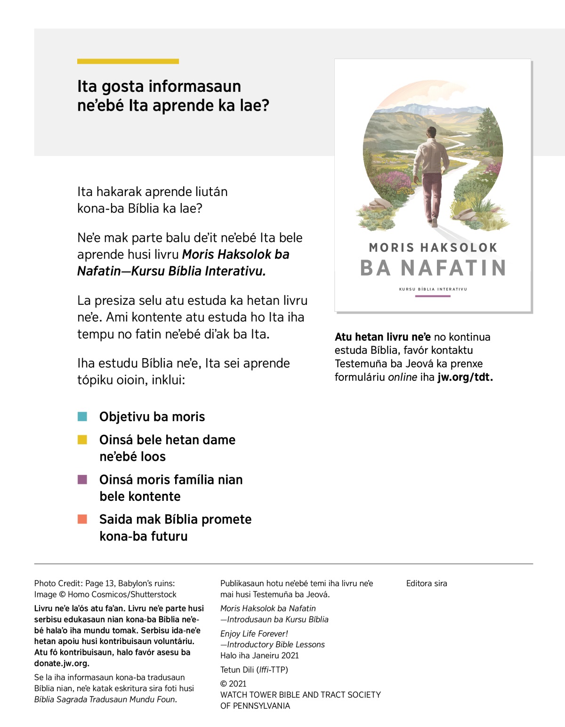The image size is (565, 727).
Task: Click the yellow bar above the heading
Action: (x=128, y=61)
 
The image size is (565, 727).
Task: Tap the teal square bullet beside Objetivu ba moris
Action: (x=82, y=417)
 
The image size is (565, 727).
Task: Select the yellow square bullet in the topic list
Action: (x=82, y=440)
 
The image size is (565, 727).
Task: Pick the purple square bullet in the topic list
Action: (x=82, y=480)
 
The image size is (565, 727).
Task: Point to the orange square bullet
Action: (x=82, y=519)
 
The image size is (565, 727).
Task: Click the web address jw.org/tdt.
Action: (x=465, y=377)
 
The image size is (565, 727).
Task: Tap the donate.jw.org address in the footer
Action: (x=61, y=663)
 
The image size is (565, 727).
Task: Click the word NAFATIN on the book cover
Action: (x=453, y=268)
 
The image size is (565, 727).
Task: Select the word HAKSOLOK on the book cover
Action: (x=459, y=247)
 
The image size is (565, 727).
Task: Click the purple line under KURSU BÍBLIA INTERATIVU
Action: (x=433, y=296)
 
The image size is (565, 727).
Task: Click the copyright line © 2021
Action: (x=234, y=684)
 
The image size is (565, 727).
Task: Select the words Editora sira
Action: (x=427, y=583)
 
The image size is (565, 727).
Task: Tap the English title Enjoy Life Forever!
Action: (x=254, y=634)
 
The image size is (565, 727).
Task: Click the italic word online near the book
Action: (x=403, y=377)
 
